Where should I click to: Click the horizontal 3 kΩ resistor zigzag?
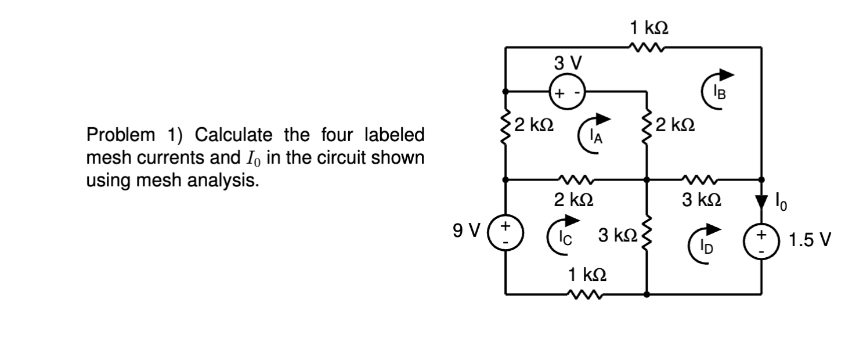pos(701,179)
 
